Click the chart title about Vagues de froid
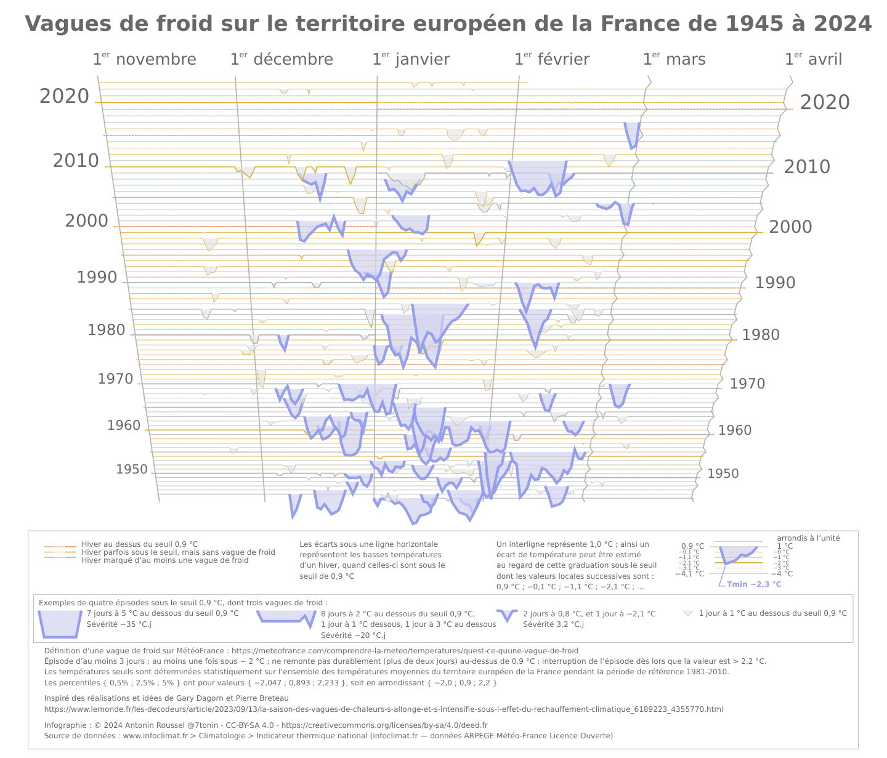pos(448,24)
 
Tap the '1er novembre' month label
pos(144,60)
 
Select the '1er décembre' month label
pos(281,60)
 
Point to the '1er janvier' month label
pos(411,60)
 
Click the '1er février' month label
pos(552,60)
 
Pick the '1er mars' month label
pos(674,60)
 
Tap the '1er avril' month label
pos(813,60)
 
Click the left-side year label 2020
pos(65,97)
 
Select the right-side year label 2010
pos(807,167)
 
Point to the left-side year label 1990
pos(97,278)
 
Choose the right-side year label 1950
pos(723,474)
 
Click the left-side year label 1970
pos(115,379)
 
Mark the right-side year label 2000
pos(790,227)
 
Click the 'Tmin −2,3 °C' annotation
pos(754,584)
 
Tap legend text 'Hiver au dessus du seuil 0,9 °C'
pos(140,544)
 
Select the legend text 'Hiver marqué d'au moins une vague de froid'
pos(165,560)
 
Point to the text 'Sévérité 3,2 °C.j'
pos(553,624)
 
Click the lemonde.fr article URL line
pos(384,709)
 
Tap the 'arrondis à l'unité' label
pos(808,538)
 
